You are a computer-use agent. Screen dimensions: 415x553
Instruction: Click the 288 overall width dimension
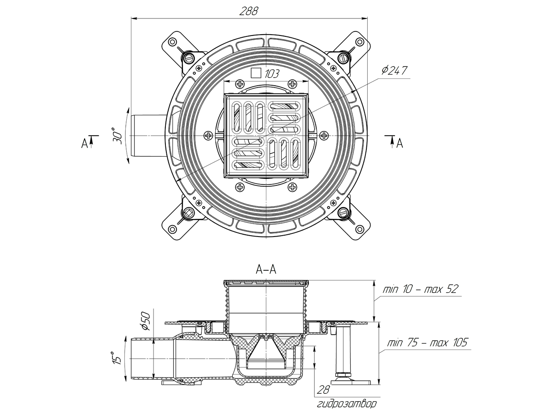coord(248,11)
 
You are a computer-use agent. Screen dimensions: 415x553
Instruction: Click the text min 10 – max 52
coord(420,289)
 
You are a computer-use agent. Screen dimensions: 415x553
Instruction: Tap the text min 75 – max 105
coord(427,343)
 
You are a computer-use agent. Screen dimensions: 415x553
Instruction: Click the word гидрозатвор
coord(347,404)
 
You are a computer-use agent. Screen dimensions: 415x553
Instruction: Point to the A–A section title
coord(266,270)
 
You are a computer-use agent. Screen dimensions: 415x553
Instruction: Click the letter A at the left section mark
coord(84,143)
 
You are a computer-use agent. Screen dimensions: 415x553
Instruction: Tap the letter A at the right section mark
coord(400,143)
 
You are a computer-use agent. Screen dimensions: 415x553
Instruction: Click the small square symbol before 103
coord(256,73)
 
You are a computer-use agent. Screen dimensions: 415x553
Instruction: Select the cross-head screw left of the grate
coord(208,136)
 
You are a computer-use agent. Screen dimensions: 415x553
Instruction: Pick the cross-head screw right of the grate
coord(324,136)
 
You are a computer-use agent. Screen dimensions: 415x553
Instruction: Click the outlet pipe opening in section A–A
coord(141,358)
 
